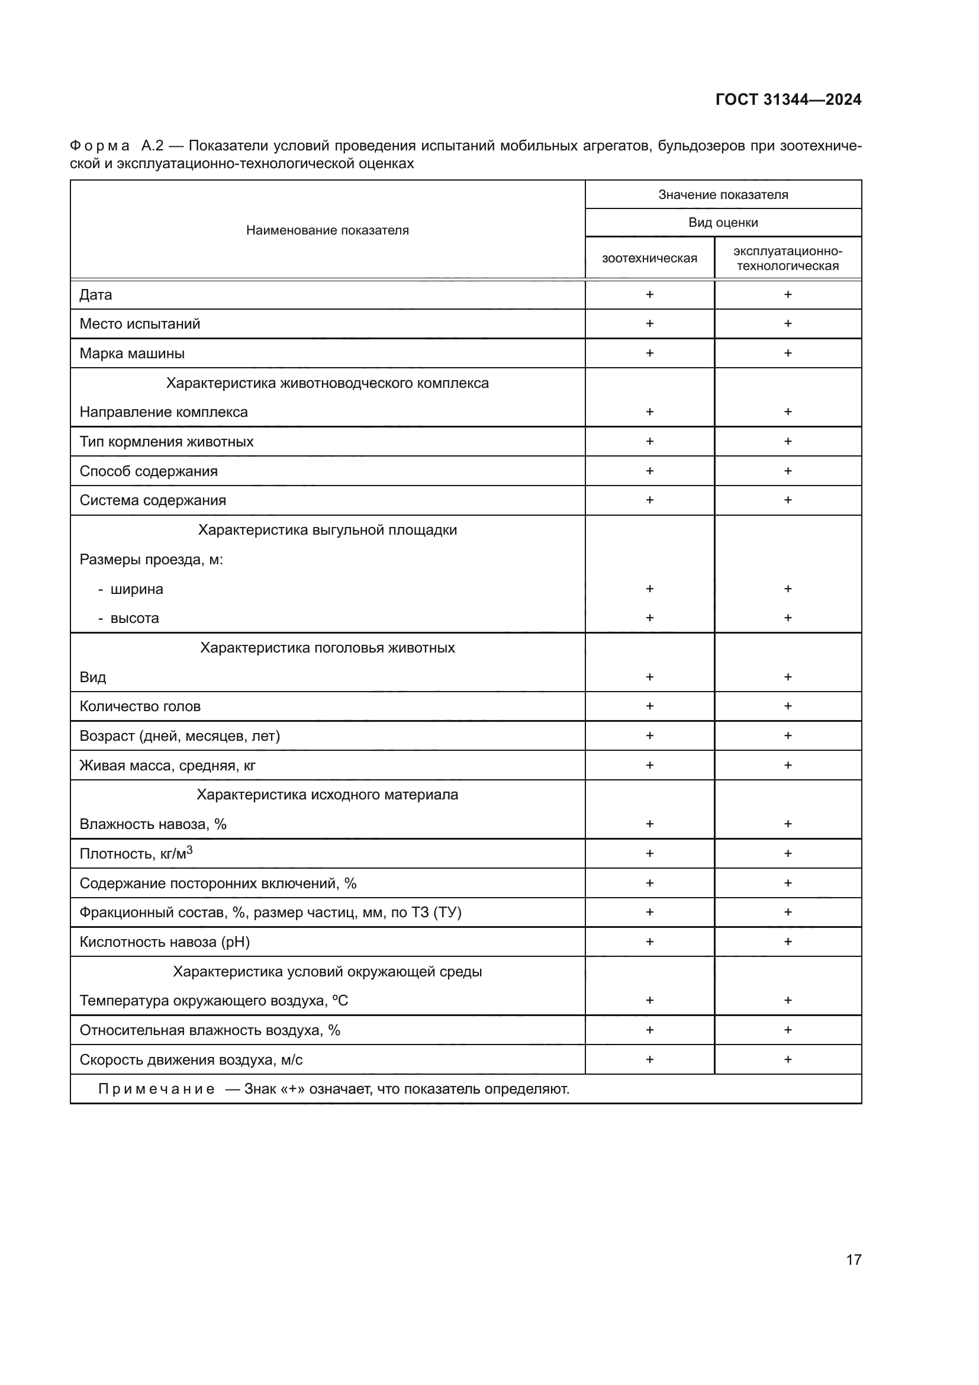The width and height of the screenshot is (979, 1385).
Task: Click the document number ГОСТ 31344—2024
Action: pos(788,99)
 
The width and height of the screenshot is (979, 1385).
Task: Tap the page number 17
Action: pos(854,1259)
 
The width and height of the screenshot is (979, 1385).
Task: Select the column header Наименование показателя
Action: pos(327,230)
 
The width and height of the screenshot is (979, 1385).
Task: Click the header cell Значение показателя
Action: pos(723,195)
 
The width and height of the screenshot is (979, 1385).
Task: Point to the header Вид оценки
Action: pos(723,223)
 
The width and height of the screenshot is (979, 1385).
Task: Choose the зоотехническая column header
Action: pos(649,258)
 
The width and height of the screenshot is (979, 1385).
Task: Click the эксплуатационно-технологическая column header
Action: pos(787,258)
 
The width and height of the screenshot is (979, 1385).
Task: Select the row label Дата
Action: pos(96,295)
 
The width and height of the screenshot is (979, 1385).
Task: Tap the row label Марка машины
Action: pos(132,354)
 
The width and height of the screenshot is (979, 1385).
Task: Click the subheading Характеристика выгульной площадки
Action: pos(327,530)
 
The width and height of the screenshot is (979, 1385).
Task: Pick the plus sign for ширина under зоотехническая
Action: pos(649,589)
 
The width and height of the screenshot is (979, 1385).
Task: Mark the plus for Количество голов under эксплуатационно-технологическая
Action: pos(787,706)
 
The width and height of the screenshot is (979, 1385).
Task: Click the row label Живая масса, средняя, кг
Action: pos(168,766)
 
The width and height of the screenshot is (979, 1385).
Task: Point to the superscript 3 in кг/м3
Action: pos(189,850)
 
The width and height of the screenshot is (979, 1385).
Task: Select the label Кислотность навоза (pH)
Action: pos(165,942)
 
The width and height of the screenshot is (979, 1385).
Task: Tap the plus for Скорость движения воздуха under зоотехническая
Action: pos(649,1060)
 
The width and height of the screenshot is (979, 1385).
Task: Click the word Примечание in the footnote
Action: pos(156,1090)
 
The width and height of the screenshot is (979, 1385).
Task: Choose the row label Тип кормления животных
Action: pos(166,442)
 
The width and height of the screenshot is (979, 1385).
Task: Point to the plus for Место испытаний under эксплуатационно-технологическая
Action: pos(787,324)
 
